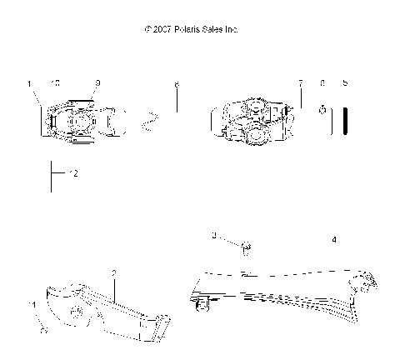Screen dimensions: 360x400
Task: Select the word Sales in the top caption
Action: [x=210, y=29]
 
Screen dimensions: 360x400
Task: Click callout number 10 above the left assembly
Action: [x=55, y=83]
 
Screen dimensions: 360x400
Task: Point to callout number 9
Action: [x=97, y=83]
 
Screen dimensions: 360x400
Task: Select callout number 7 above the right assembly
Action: [x=301, y=83]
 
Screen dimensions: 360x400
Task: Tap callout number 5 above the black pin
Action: [x=345, y=83]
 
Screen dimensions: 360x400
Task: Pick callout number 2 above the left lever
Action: [x=113, y=272]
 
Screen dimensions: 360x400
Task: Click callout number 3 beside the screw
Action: [x=214, y=237]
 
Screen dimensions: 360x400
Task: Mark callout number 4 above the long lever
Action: [x=334, y=239]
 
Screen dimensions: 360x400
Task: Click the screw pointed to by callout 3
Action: [x=246, y=246]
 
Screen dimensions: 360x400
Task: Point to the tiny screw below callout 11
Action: [x=43, y=329]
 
